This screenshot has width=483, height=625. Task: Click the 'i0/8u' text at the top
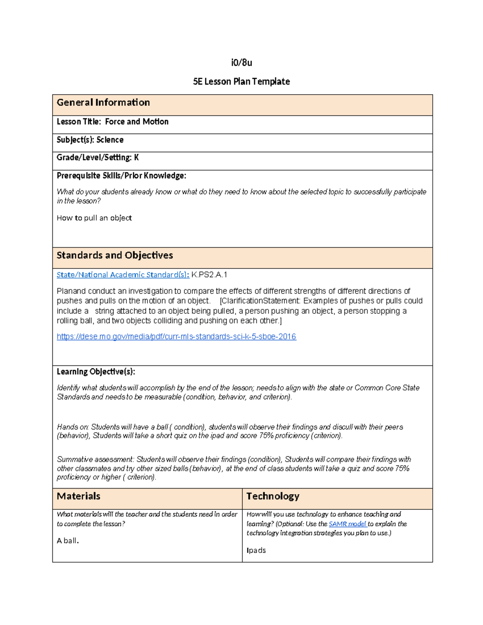[242, 63]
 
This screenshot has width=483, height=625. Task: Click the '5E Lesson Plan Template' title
[242, 82]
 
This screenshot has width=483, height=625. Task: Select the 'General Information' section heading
[103, 103]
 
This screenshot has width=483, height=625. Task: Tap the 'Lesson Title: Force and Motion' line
[112, 122]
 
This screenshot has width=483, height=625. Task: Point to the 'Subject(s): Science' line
[90, 140]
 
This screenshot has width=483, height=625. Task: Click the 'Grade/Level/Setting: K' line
[97, 157]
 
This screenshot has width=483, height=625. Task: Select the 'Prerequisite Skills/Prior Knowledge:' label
[121, 175]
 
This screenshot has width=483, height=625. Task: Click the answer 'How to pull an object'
[94, 218]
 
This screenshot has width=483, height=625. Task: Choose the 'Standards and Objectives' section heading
[115, 255]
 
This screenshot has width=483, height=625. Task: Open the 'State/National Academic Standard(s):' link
[123, 275]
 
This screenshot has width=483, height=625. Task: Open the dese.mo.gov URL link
[176, 336]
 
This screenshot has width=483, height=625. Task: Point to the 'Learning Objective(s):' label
[96, 371]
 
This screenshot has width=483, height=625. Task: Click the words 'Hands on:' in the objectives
[73, 427]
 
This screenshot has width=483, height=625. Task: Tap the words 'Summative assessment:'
[95, 460]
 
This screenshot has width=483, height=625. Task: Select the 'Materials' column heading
[78, 496]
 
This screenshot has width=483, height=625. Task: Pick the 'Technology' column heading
[273, 496]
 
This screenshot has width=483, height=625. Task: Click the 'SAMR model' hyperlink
[347, 524]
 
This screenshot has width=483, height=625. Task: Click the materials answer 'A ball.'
[68, 541]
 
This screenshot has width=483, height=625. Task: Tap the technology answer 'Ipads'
[256, 550]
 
